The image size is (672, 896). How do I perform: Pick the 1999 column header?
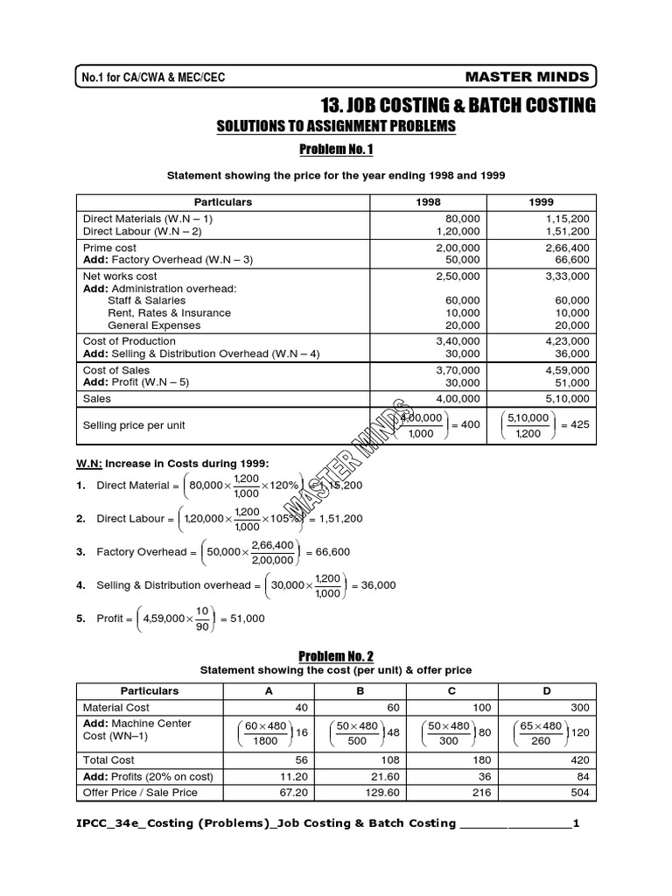click(542, 202)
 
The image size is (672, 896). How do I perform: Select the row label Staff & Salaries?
click(146, 300)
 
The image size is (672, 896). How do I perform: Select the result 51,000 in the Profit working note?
click(242, 619)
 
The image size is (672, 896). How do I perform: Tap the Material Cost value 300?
click(580, 707)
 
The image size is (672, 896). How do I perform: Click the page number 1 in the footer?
click(575, 823)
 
